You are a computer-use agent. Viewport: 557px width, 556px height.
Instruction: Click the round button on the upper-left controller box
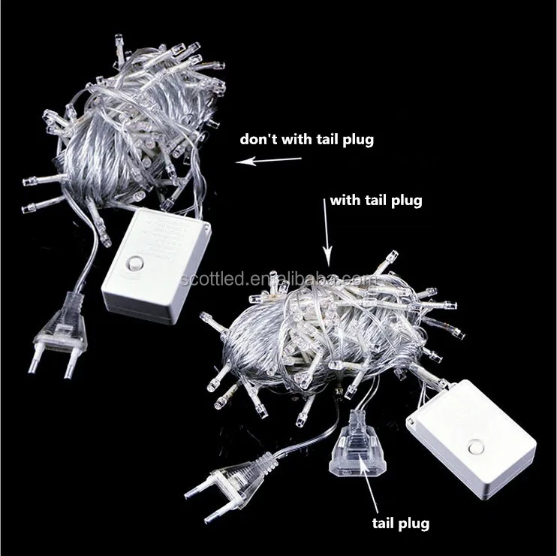[x=136, y=264]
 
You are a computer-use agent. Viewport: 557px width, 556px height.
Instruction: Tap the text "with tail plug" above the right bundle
[x=375, y=201]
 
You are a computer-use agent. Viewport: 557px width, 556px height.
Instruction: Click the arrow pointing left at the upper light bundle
[x=268, y=159]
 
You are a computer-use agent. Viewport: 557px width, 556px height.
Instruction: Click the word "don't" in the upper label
[x=255, y=139]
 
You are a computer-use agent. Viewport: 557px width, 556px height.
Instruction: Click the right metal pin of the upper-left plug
[x=66, y=367]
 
